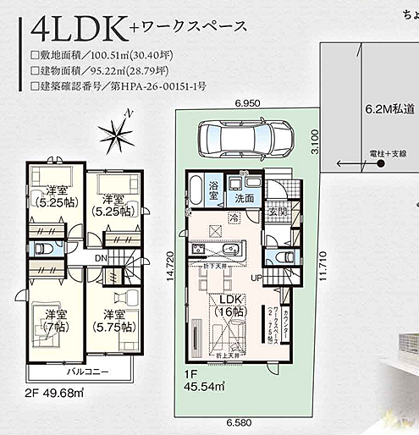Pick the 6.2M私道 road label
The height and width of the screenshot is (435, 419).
[x=390, y=109]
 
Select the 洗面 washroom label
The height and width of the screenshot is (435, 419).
[x=245, y=198]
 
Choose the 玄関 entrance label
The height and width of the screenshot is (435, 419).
[x=276, y=212]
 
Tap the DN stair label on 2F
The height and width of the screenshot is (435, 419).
[x=100, y=259]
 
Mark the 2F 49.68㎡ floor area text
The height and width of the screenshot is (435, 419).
[x=55, y=394]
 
